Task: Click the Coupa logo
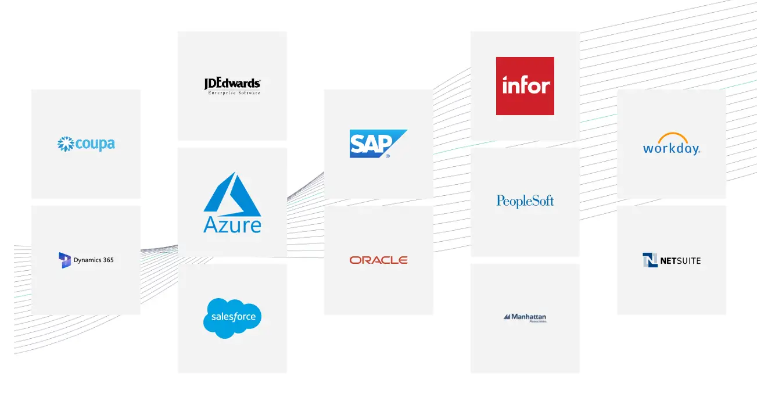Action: coord(86,144)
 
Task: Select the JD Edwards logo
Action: coord(232,85)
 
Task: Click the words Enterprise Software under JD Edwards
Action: coord(234,93)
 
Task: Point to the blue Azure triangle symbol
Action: coord(232,192)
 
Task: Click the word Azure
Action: coord(232,225)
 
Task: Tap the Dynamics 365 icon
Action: coord(64,260)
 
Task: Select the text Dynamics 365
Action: coord(94,260)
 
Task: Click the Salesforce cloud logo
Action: coord(232,317)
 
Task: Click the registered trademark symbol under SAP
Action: coord(388,156)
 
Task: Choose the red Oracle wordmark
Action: coord(378,260)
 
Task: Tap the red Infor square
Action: coord(525,85)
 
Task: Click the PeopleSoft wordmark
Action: coord(525,201)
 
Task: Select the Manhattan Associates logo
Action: coord(525,318)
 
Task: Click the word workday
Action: coord(671,149)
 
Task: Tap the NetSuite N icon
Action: coord(650,260)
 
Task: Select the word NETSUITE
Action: coord(680,260)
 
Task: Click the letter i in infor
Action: coord(505,85)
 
